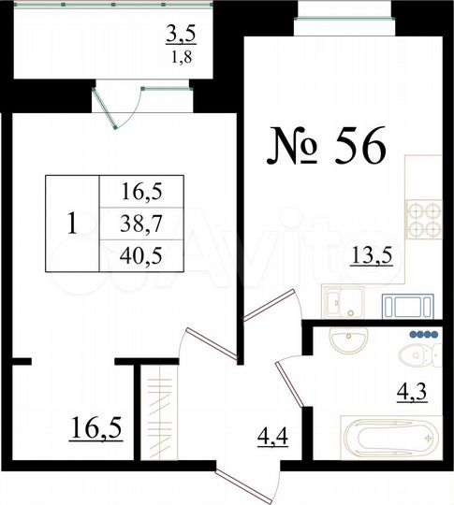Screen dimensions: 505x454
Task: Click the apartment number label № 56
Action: click(327, 148)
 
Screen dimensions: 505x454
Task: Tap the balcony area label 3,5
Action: click(182, 36)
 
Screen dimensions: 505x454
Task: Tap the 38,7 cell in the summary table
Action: click(142, 222)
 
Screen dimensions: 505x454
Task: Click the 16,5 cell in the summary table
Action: click(142, 193)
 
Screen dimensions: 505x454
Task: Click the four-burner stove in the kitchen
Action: click(423, 221)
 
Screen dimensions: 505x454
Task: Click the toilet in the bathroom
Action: click(413, 356)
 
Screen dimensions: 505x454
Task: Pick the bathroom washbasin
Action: click(348, 342)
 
